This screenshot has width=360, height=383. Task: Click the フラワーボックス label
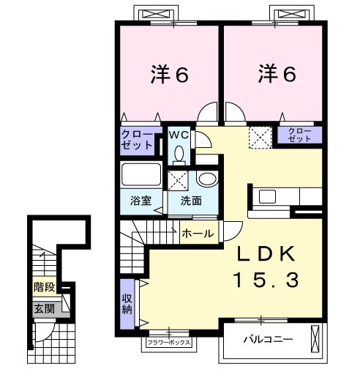[169, 342]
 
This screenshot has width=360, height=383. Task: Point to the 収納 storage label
[127, 302]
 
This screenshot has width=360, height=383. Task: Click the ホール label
[197, 234]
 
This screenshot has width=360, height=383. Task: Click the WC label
[179, 135]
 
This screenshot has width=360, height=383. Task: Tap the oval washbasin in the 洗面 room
[207, 179]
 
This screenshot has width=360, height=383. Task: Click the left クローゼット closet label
[138, 139]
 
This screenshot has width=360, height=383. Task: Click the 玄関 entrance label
[43, 309]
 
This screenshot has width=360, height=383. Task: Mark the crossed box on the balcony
[315, 340]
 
